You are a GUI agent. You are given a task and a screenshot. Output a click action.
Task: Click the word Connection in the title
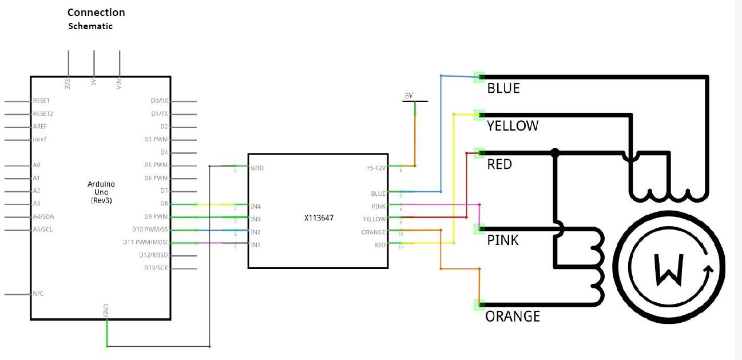tap(96, 13)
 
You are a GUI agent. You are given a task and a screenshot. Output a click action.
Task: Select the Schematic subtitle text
tap(90, 26)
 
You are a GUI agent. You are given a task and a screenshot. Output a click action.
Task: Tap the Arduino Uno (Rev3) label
tap(101, 192)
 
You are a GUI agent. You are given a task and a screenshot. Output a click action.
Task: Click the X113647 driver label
tap(319, 218)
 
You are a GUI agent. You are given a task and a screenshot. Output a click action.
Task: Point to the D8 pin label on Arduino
tap(164, 204)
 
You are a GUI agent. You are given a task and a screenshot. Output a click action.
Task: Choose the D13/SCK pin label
tap(154, 268)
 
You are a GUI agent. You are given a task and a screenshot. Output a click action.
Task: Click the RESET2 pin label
tap(43, 114)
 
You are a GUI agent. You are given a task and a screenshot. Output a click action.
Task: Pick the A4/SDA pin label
tap(44, 216)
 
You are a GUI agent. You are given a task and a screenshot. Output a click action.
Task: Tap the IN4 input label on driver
tap(256, 206)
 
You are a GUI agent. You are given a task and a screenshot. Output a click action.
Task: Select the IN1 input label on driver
tap(256, 245)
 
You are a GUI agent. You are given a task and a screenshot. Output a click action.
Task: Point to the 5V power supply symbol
tap(409, 97)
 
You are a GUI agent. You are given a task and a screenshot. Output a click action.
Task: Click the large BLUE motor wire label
tap(503, 89)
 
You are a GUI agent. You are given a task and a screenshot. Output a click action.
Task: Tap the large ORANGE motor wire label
tap(513, 317)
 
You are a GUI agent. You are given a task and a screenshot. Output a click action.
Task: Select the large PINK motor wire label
tap(503, 240)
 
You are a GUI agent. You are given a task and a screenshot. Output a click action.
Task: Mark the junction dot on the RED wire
tap(554, 152)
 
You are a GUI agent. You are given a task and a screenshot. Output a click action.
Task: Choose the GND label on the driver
tap(257, 168)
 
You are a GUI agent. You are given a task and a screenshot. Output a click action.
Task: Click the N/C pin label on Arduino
tap(38, 294)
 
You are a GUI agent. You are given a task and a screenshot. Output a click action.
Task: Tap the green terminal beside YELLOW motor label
tap(479, 114)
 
